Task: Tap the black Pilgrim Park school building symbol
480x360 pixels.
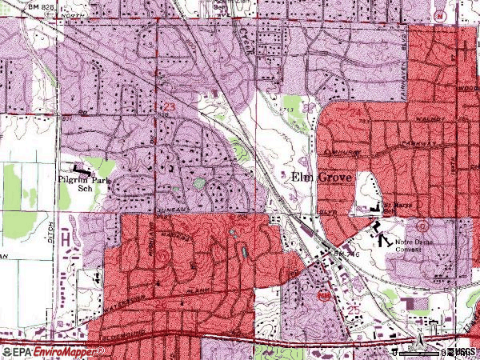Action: point(81,170)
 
